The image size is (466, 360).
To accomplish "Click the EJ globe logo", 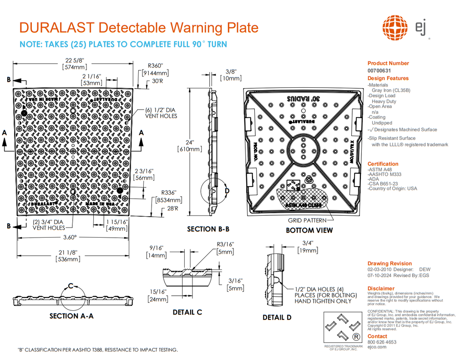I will coord(395,28).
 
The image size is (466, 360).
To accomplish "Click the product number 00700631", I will coord(379,71).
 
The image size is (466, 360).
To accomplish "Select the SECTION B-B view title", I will coord(208,229).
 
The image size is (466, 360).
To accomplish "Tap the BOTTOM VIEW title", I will coord(309,230).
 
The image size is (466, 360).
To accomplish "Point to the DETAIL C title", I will coord(187,312).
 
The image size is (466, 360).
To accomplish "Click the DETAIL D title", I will coord(277,317).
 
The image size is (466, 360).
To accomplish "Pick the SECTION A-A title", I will coord(71,316).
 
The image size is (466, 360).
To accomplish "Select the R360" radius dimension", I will coord(156,65).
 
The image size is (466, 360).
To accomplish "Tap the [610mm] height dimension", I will coord(189,149).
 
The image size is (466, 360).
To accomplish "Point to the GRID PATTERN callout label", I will coord(308,220).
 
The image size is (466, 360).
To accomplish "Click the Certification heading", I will coord(383,164).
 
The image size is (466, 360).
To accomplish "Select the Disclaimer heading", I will coord(381,289).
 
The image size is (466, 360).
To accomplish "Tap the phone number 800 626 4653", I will coord(381,342).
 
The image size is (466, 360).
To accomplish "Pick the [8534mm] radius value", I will coord(168,199).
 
